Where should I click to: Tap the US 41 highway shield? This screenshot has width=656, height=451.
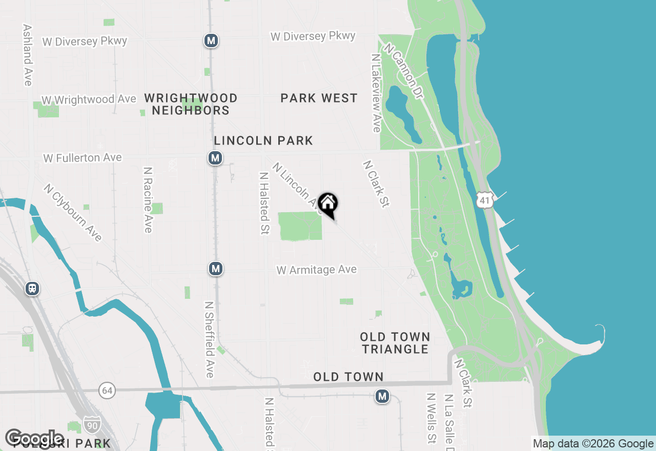click(485, 200)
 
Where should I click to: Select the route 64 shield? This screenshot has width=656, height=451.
click(107, 390)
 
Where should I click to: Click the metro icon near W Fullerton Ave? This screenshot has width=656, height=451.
click(215, 158)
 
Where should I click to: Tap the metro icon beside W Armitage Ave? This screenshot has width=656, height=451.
click(216, 268)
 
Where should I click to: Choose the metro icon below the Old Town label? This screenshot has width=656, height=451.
click(382, 396)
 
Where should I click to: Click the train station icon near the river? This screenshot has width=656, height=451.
click(32, 289)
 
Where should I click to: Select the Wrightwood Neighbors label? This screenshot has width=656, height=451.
click(191, 104)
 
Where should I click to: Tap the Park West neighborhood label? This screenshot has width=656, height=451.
click(319, 98)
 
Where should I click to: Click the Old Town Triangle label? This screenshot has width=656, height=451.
click(395, 343)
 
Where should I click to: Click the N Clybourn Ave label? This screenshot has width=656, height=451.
click(73, 212)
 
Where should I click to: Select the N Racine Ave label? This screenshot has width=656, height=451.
click(148, 199)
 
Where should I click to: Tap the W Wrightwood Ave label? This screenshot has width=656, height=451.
click(89, 99)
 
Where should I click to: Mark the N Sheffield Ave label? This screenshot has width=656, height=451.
click(209, 339)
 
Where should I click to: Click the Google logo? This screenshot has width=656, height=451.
click(35, 438)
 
